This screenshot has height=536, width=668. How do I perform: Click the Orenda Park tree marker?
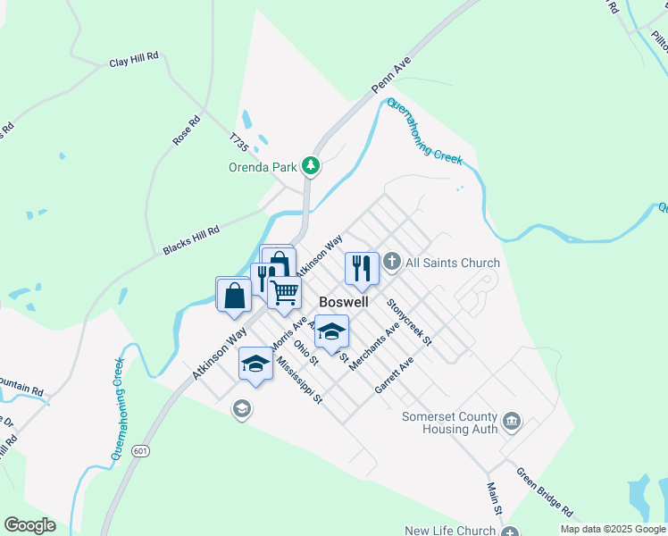coord(311,165)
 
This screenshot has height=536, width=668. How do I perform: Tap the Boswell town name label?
coord(344,303)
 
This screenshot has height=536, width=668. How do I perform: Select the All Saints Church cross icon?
coord(392,263)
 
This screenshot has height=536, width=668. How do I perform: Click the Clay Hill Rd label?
coord(133,62)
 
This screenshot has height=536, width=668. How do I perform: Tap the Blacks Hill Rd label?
coord(191,239)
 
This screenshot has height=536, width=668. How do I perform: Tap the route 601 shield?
coord(140,451)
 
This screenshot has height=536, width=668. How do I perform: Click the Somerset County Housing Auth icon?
coord(512,421)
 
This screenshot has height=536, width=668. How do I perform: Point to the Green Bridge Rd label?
coord(545,490)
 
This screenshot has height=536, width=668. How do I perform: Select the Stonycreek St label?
coord(410,322)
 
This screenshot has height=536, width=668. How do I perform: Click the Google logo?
coord(29,524)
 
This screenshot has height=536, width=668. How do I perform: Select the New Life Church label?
coord(449,531)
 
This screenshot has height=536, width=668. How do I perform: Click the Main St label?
coord(495,498)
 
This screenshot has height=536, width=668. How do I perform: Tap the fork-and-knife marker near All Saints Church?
coord(361,267)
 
